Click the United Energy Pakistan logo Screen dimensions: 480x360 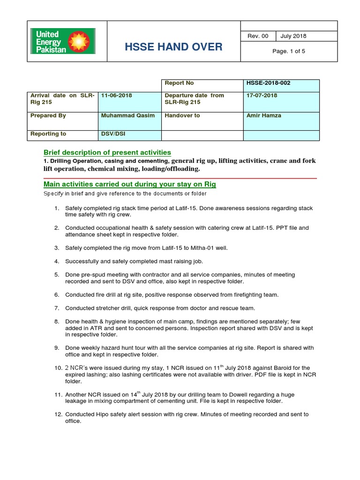[x=63, y=41]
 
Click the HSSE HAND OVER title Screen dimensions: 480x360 [x=173, y=47]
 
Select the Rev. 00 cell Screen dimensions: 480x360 [x=258, y=36]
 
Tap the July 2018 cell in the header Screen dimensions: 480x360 [x=293, y=36]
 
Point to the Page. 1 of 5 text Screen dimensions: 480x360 [x=289, y=52]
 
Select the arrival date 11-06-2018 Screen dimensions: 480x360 [x=117, y=95]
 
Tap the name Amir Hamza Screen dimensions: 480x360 [x=263, y=115]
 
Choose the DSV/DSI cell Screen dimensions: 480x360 [x=113, y=134]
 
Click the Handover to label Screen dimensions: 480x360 [x=182, y=115]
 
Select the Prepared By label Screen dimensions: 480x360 [x=48, y=115]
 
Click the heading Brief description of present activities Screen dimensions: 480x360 [x=107, y=152]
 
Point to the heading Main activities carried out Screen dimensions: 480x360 [x=130, y=184]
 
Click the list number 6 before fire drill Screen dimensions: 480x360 [x=56, y=295]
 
